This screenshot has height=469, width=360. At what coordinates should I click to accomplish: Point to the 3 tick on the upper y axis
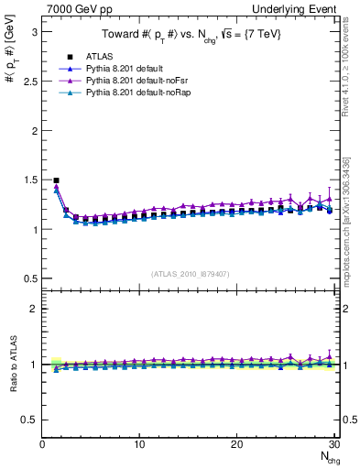click(34, 31)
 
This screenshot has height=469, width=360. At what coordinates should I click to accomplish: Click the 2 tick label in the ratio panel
click(34, 309)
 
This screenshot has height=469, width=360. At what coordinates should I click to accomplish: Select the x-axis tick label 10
click(139, 444)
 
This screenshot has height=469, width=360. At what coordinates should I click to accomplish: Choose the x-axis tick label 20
click(236, 444)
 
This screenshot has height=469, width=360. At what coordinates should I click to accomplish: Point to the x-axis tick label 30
click(333, 444)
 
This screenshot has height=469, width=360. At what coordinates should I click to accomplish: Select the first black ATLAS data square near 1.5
click(57, 180)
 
